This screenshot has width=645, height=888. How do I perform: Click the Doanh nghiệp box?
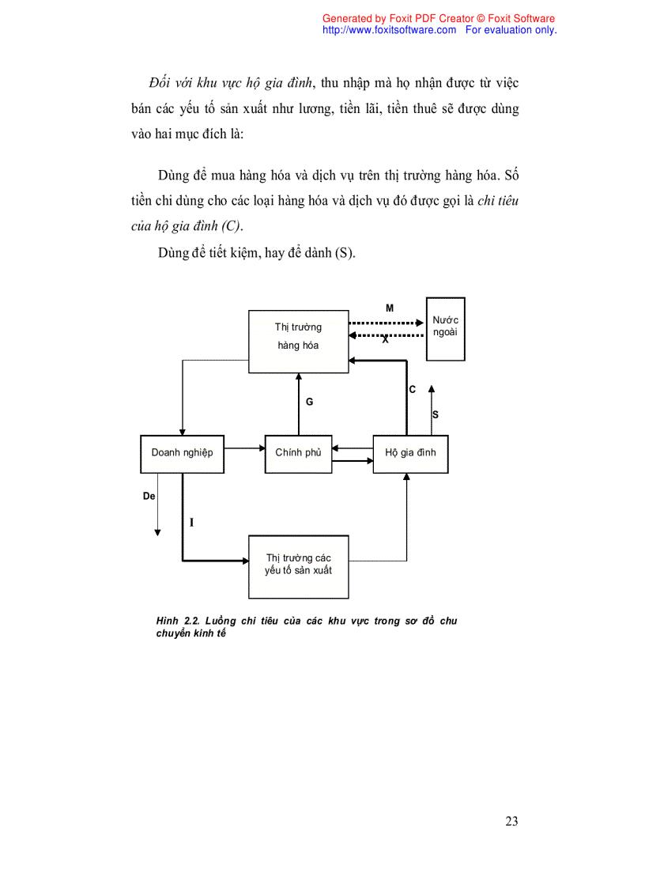point(182,454)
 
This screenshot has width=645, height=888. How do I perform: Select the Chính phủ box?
point(298,454)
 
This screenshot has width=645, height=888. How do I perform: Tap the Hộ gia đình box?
point(410,454)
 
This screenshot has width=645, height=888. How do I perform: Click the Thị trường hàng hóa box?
point(299,341)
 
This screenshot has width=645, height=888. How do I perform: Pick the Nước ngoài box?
point(445,328)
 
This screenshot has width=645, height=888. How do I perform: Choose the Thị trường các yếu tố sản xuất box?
point(299,565)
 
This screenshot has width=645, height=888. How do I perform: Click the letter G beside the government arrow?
point(310,402)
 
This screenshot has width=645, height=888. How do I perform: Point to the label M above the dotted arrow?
point(390,308)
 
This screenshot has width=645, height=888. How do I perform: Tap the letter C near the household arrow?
point(413,390)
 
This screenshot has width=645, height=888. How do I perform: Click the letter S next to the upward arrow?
point(436,414)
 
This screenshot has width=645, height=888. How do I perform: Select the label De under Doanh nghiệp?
point(149,497)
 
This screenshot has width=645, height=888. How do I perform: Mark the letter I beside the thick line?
point(192,523)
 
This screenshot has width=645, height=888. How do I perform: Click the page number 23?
point(511,822)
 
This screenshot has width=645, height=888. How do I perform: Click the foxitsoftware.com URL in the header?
point(390,30)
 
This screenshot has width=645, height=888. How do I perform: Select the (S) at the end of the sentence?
point(345,253)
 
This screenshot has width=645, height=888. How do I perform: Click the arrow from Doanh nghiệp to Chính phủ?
point(244,448)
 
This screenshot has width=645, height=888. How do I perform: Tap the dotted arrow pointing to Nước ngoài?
point(387,323)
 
